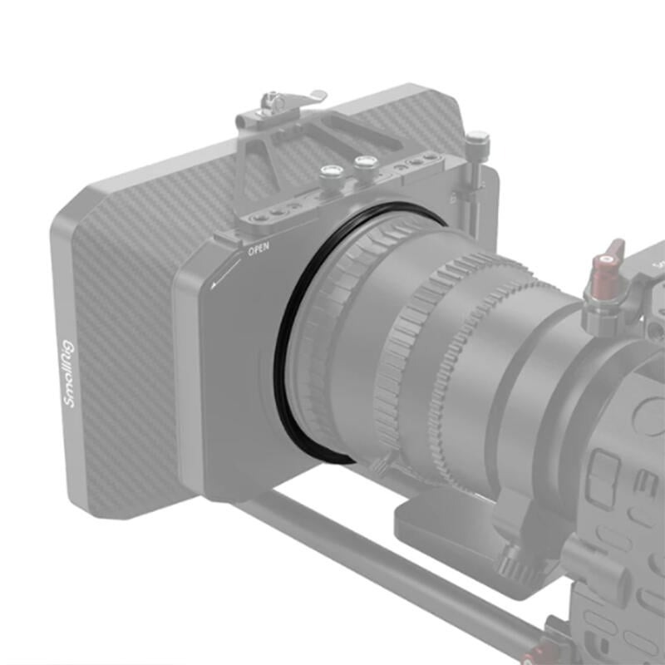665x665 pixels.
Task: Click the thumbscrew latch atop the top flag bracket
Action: tap(274, 104)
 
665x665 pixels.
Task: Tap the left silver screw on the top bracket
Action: tap(330, 172)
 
